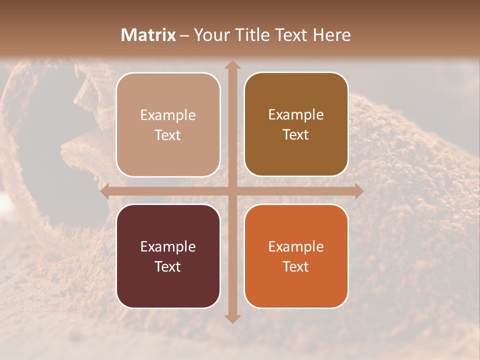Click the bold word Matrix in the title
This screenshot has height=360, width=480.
(148, 35)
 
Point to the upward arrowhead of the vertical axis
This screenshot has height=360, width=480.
(232, 65)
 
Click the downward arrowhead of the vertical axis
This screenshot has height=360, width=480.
(232, 318)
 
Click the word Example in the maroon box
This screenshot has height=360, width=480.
(168, 247)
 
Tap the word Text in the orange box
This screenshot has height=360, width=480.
(296, 267)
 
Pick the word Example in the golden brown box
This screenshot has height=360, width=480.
(296, 115)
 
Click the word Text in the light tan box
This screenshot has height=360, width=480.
(168, 135)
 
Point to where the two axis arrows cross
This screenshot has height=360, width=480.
(232, 191)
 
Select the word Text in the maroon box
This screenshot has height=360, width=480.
(168, 267)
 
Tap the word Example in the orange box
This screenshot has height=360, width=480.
(296, 247)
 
